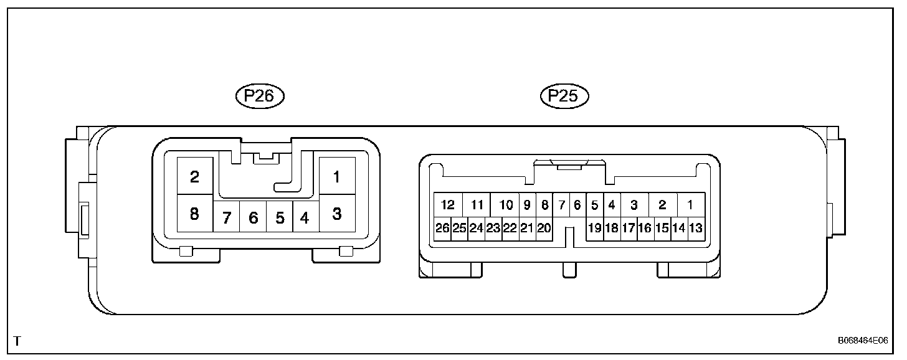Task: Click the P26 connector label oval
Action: click(259, 96)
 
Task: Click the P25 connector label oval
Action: click(564, 96)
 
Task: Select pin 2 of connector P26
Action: click(195, 176)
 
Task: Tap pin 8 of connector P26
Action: click(195, 214)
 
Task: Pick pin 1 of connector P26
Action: click(337, 176)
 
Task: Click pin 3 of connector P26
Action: click(337, 214)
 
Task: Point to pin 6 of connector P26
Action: click(253, 218)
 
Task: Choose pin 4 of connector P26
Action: click(305, 218)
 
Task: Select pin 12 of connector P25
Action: click(447, 204)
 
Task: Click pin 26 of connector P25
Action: click(442, 228)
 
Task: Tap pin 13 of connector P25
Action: click(696, 228)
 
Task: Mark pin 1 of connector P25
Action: click(690, 204)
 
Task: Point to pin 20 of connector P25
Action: click(544, 228)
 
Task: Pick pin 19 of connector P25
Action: click(595, 228)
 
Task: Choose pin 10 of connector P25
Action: click(506, 204)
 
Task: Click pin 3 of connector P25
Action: click(634, 204)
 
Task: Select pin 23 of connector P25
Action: click(493, 228)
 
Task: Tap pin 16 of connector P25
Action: click(645, 228)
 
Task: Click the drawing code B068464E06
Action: click(863, 341)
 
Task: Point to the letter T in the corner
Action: click(17, 341)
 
